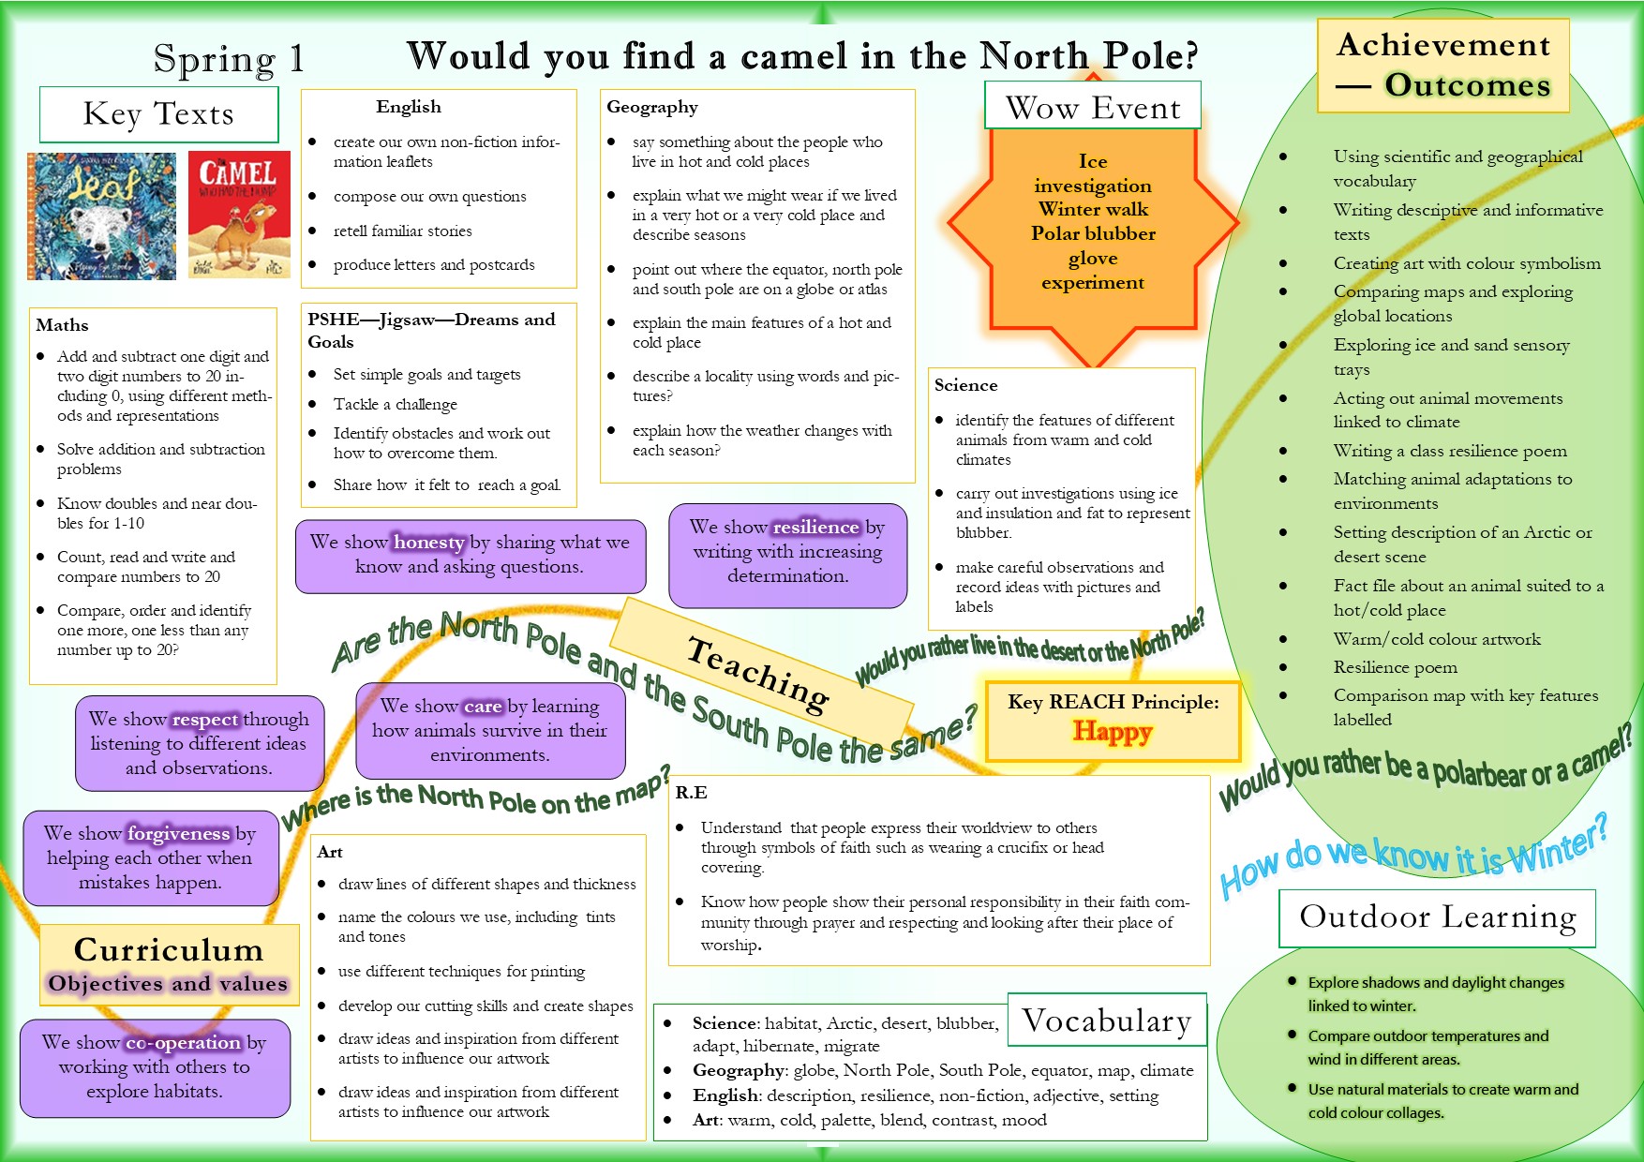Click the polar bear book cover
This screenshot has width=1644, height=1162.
pos(101,216)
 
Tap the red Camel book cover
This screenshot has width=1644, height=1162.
pos(239,215)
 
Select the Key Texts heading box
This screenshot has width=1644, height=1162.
pos(158,114)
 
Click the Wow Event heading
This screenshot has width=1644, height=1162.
pos(1093,108)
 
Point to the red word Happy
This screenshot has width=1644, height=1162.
pos(1112,731)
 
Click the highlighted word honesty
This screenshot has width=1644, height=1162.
pos(428,543)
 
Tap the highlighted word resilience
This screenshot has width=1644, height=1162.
pos(815,527)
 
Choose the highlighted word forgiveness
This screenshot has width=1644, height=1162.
pos(178,833)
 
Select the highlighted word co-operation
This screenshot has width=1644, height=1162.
pos(183,1042)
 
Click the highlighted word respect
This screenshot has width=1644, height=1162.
pos(205,720)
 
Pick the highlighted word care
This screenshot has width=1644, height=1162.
pos(483,706)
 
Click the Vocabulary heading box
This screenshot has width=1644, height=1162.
pos(1107,1020)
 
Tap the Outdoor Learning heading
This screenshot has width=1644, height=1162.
pos(1437,916)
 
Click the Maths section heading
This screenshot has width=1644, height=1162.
pos(62,325)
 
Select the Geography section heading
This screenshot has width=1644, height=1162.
pos(652,107)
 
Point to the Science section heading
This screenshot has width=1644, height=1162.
pos(965,385)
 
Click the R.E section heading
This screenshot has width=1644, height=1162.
pos(691,793)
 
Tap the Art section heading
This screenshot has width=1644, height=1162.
pos(330,852)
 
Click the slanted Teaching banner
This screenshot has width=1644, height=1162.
pos(759,673)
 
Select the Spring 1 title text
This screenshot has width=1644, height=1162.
pos(229,59)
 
